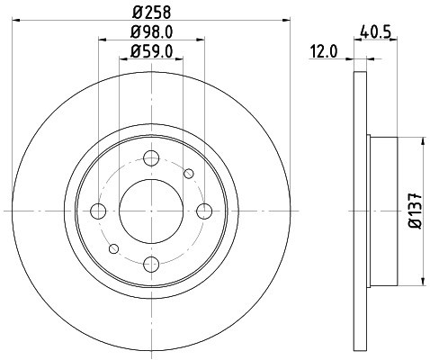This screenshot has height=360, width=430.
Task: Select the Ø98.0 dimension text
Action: click(150, 33)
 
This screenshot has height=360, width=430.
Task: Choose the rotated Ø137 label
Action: click(416, 211)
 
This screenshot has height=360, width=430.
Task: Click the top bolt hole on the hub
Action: click(151, 157)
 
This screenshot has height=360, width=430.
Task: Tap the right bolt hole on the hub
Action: click(205, 211)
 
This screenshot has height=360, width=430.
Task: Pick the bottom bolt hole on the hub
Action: click(151, 265)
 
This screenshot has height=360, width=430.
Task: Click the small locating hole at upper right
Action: click(189, 174)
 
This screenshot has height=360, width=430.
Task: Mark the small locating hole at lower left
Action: click(113, 249)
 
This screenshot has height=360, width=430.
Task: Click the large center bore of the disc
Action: click(151, 211)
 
